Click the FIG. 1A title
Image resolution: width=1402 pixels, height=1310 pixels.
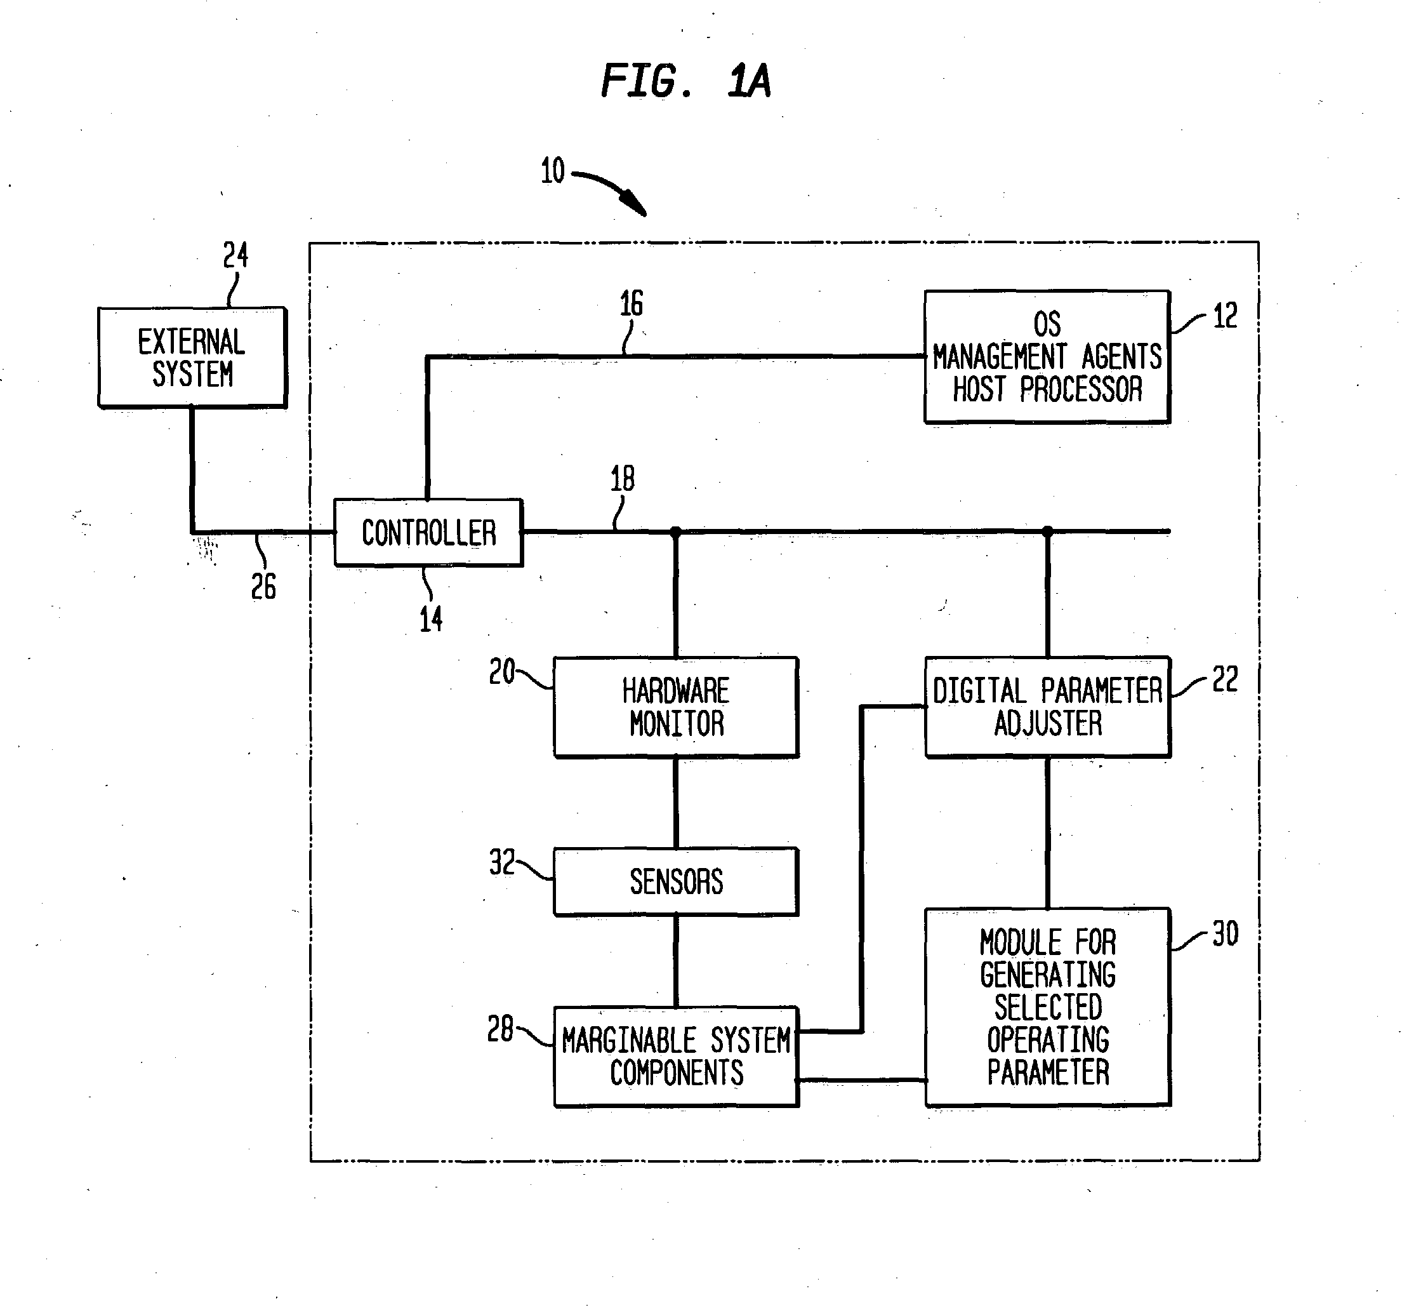[x=685, y=81]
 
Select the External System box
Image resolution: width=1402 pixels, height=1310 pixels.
[x=192, y=357]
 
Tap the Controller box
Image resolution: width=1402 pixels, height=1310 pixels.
[x=428, y=533]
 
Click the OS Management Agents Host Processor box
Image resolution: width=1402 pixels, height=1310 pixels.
[x=1047, y=357]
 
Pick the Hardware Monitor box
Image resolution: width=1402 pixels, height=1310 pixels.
[x=677, y=707]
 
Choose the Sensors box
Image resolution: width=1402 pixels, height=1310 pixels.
[x=677, y=882]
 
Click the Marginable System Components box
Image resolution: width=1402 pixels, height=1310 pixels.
[x=677, y=1056]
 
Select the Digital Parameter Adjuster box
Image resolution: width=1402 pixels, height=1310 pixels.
[x=1048, y=707]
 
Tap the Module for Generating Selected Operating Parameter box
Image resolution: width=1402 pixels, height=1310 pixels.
[x=1048, y=1007]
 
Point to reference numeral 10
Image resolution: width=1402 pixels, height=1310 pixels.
[x=553, y=171]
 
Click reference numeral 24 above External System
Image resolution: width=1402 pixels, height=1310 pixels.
[x=235, y=255]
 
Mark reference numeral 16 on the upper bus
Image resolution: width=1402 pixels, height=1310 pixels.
[x=631, y=304]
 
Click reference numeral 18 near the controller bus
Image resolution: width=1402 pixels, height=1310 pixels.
[x=622, y=479]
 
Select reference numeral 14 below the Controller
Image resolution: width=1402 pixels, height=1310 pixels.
[x=431, y=619]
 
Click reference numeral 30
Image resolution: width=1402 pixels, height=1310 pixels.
[x=1225, y=934]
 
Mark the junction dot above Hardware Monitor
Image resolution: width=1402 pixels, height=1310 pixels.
[x=675, y=531]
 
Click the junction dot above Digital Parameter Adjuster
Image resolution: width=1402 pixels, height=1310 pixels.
[x=1047, y=531]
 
